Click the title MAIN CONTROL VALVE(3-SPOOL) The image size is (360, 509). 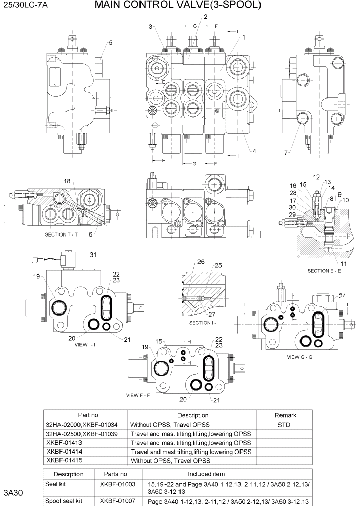178,6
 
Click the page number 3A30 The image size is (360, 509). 15,493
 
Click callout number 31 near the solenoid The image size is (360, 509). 93,254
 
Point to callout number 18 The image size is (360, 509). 67,182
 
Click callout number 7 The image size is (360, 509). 286,153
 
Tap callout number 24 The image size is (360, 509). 342,296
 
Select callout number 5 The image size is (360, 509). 110,42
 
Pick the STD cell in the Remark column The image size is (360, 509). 285,425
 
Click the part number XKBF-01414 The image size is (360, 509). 64,452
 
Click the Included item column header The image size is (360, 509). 206,474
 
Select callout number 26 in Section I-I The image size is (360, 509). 201,262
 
